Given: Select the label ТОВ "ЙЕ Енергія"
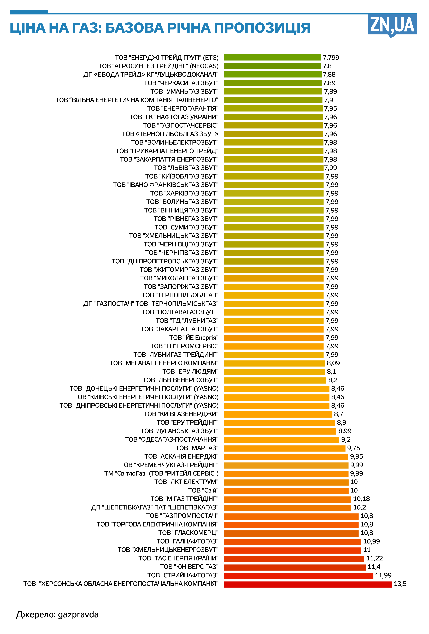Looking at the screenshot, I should click(x=194, y=338).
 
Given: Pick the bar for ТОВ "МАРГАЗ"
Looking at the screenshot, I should click(x=284, y=448).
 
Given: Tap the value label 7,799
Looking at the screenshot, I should click(x=331, y=58).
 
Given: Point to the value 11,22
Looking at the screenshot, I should click(x=374, y=558).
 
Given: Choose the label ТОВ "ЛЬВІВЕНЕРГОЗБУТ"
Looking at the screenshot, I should click(x=180, y=380).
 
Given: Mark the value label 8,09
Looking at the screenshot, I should click(x=333, y=363).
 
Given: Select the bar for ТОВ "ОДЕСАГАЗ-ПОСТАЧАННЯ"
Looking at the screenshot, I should click(x=281, y=440).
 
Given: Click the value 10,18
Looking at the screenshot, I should click(x=361, y=499).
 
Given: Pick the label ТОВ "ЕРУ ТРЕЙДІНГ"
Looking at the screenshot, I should click(x=187, y=423).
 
